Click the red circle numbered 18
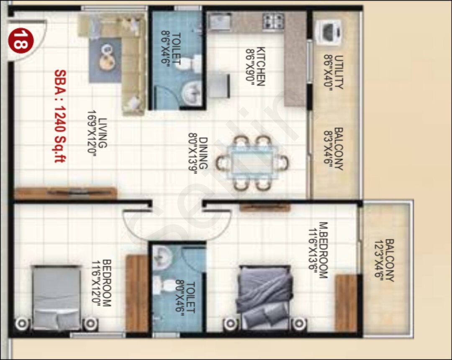(x=21, y=41)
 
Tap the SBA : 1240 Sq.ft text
(x=60, y=116)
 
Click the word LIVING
(x=103, y=133)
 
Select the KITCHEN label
(x=260, y=66)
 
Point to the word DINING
(x=203, y=153)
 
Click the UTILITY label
(x=339, y=72)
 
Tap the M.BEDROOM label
(x=323, y=249)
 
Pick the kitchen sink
(x=219, y=22)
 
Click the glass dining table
(x=253, y=162)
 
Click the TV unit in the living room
(x=65, y=193)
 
